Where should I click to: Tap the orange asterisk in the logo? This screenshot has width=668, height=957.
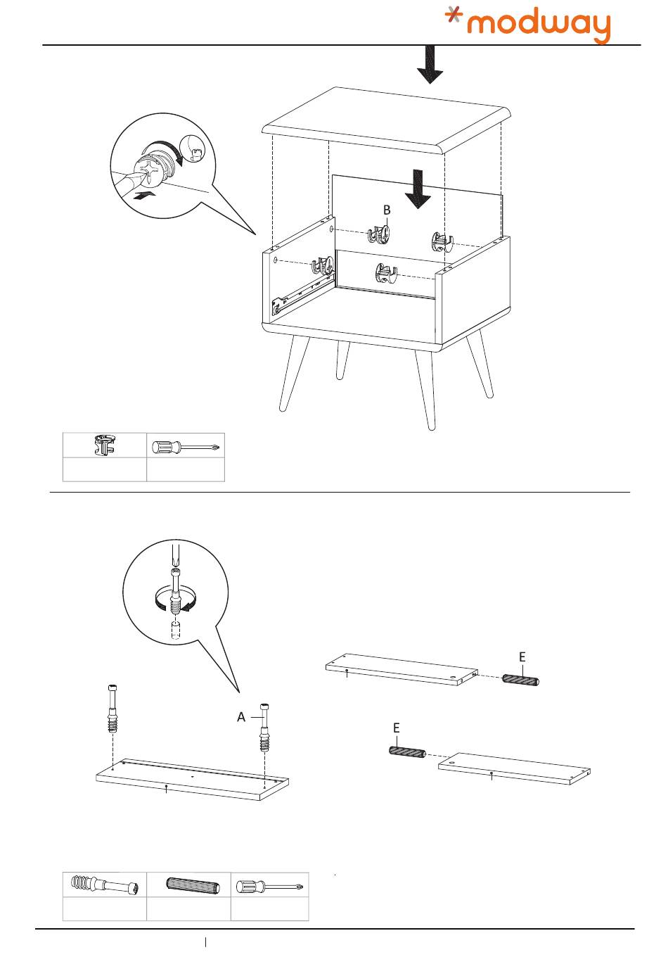(x=456, y=18)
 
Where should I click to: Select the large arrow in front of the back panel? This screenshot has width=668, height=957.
(x=418, y=189)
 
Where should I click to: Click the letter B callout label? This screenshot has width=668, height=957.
(x=387, y=210)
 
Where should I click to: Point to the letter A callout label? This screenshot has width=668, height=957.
(x=241, y=717)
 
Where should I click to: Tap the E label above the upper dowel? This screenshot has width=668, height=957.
(x=522, y=657)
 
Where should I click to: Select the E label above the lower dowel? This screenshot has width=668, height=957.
(x=397, y=728)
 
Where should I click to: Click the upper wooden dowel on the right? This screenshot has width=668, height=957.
(x=520, y=680)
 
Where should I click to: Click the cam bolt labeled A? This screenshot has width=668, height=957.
(x=265, y=728)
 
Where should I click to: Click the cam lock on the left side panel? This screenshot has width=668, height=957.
(x=323, y=266)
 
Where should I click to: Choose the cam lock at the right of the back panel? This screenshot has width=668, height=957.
(x=440, y=242)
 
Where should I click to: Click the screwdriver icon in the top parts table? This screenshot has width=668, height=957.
(x=186, y=446)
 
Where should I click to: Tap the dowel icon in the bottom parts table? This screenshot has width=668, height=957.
(x=188, y=885)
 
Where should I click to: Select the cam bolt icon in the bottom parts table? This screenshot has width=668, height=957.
(x=105, y=885)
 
